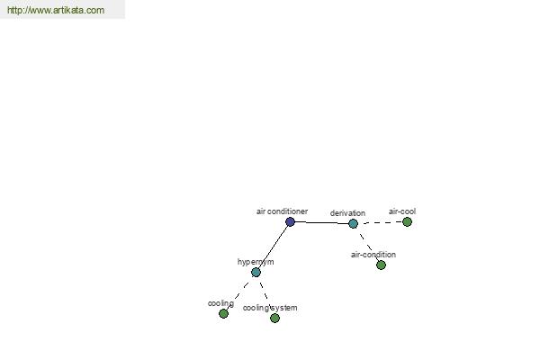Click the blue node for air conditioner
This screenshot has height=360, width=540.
[291, 222]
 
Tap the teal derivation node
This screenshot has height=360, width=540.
[353, 223]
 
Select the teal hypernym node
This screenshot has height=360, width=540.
[256, 273]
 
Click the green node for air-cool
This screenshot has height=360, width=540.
[407, 222]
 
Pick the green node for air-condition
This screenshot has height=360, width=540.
[381, 265]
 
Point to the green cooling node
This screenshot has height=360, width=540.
[223, 313]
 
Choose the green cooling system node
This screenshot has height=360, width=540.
[274, 318]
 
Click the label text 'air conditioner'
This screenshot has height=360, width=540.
[282, 211]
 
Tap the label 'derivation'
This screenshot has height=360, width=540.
[347, 213]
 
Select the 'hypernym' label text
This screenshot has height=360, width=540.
[256, 262]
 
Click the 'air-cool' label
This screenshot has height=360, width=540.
[402, 211]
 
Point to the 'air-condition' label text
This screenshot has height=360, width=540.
[373, 255]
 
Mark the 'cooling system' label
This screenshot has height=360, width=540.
[270, 308]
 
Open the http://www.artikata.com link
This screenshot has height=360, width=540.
[56, 10]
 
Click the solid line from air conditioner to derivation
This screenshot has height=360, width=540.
[321, 223]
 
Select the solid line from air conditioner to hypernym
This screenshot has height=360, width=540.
[273, 247]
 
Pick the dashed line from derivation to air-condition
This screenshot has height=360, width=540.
[367, 244]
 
